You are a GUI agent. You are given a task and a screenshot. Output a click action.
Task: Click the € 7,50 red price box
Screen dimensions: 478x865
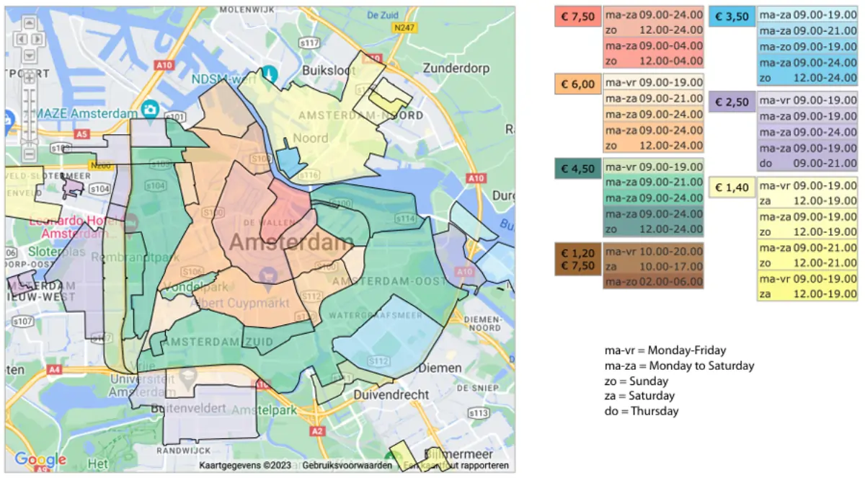pyautogui.click(x=577, y=17)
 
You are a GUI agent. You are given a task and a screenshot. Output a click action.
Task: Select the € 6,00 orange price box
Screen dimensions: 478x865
pyautogui.click(x=577, y=84)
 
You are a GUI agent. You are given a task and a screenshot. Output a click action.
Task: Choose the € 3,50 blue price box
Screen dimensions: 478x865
pyautogui.click(x=732, y=17)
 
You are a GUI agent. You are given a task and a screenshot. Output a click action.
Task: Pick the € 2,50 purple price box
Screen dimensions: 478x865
pyautogui.click(x=732, y=102)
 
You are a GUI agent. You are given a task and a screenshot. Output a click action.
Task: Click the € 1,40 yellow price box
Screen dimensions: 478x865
pyautogui.click(x=732, y=187)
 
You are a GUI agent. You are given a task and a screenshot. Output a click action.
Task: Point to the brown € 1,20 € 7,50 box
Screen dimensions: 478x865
pyautogui.click(x=577, y=259)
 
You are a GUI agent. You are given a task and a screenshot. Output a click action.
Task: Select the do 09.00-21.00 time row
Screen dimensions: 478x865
pyautogui.click(x=808, y=163)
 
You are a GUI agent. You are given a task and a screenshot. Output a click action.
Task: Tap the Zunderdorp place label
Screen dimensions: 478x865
pyautogui.click(x=457, y=69)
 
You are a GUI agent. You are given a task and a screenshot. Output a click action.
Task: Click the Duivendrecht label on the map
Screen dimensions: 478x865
pyautogui.click(x=391, y=395)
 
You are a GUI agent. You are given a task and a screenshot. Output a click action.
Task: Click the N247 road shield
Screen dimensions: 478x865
pyautogui.click(x=405, y=27)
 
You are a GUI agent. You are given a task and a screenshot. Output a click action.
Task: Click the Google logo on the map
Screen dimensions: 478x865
pyautogui.click(x=40, y=459)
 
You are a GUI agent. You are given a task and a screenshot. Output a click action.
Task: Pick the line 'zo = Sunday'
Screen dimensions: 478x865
pyautogui.click(x=636, y=381)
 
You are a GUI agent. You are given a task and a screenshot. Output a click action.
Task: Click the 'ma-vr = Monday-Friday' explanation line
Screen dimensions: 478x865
pyautogui.click(x=665, y=350)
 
